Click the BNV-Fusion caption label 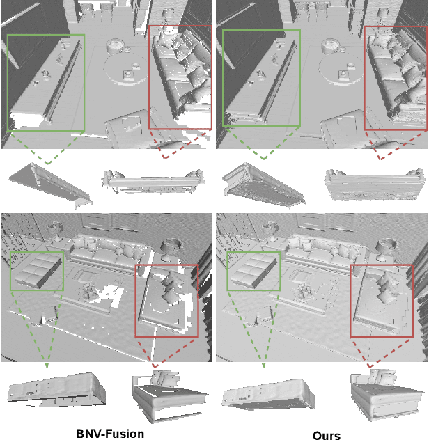[x=110, y=434]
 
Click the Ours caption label [x=327, y=435]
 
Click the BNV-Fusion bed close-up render [x=170, y=396]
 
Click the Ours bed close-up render [x=387, y=394]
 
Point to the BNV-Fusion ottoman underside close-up [x=57, y=390]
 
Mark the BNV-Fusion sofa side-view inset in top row [x=153, y=182]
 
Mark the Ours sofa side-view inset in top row [x=374, y=184]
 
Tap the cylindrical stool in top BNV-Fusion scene [x=114, y=46]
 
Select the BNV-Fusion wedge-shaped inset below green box [x=51, y=185]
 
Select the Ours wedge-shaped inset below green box [x=264, y=185]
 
